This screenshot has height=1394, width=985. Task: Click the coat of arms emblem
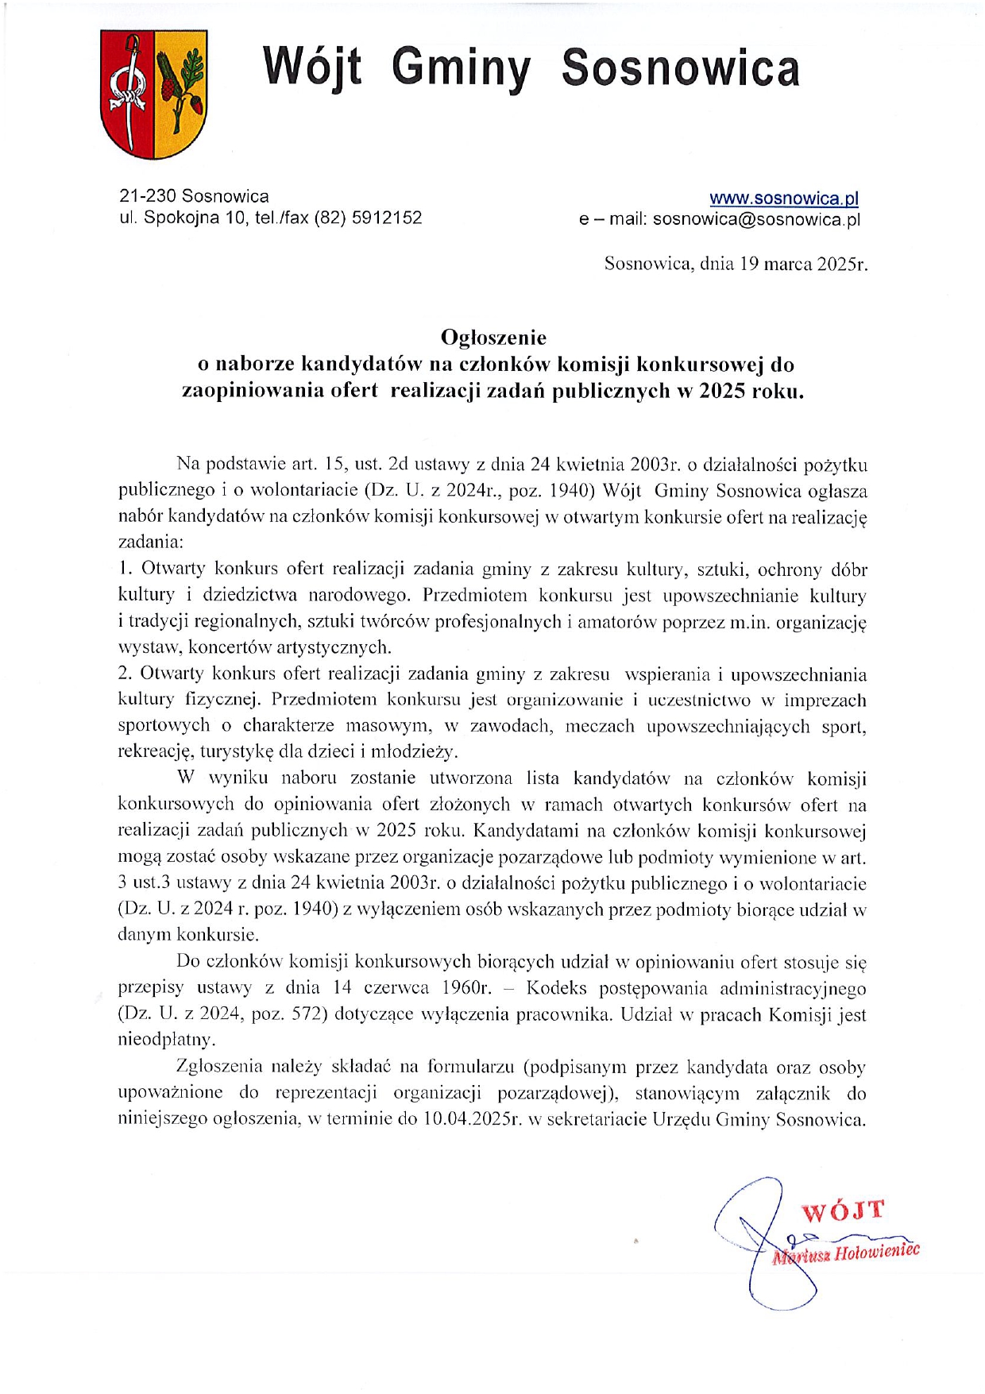(x=154, y=94)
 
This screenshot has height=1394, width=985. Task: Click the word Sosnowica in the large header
(x=680, y=68)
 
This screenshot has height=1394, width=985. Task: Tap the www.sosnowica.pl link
(x=783, y=199)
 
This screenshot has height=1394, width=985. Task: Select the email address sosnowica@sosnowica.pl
(x=756, y=220)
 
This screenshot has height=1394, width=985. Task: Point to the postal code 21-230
(x=148, y=196)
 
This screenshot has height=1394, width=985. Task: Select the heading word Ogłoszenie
(x=493, y=338)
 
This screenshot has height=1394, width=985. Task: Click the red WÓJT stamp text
(x=842, y=1212)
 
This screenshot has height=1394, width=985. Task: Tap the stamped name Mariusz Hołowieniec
(x=847, y=1253)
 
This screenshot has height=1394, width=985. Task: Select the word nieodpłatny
(x=166, y=1040)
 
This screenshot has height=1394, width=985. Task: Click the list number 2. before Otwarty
(x=125, y=674)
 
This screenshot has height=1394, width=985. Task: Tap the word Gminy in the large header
(x=461, y=68)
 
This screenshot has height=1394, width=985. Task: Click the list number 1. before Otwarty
(x=125, y=569)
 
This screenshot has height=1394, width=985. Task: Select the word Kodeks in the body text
(x=556, y=989)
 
